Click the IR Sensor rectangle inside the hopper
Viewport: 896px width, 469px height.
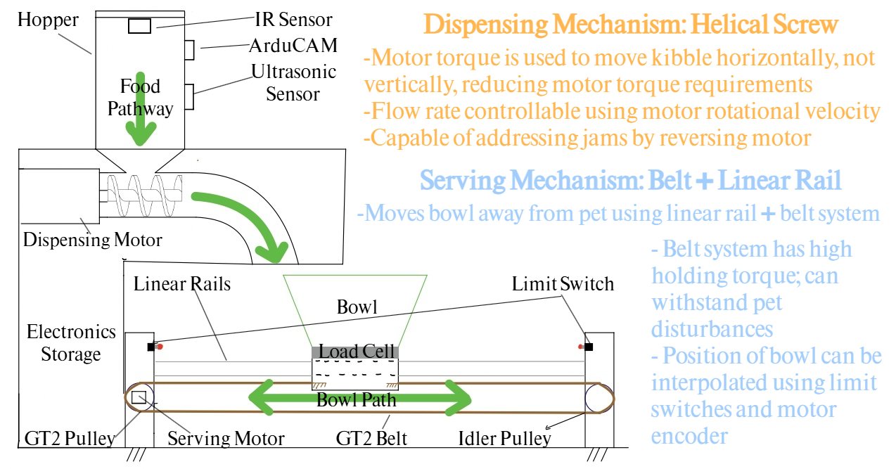(x=139, y=26)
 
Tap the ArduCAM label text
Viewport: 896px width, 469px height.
(x=293, y=46)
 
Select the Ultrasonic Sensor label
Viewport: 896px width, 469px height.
(x=293, y=82)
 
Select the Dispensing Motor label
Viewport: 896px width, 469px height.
(x=92, y=240)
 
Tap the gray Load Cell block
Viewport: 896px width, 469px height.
(x=355, y=351)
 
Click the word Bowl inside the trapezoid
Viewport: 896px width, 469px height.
(x=357, y=307)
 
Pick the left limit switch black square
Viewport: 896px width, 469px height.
(x=151, y=347)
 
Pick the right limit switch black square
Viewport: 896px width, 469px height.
(x=589, y=347)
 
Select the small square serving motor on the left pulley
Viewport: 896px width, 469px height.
(x=139, y=397)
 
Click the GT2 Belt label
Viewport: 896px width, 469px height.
(x=371, y=439)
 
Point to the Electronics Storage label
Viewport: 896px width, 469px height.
(x=70, y=342)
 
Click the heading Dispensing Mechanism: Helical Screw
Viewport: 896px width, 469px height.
(x=632, y=25)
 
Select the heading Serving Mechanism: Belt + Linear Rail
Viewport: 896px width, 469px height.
(x=630, y=181)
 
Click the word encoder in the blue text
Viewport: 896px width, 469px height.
(x=689, y=436)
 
